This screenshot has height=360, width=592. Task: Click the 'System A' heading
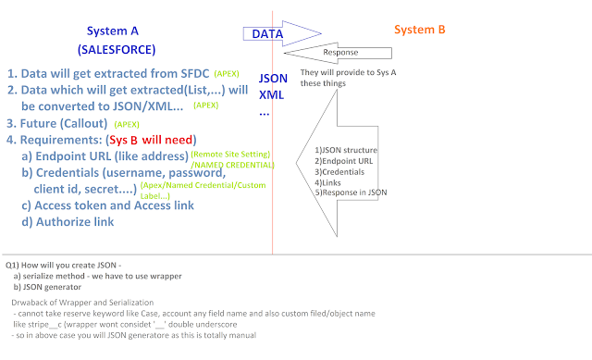(113, 31)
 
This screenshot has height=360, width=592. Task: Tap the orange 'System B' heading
(419, 30)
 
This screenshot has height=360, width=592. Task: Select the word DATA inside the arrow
(267, 34)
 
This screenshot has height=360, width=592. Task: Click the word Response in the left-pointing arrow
(340, 53)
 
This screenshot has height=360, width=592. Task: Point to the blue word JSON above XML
(273, 78)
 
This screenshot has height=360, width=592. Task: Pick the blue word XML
(271, 94)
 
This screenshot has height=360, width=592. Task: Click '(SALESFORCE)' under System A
(117, 49)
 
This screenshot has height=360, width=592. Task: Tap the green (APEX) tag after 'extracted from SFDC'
(227, 74)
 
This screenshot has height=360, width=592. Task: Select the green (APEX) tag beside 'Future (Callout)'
(127, 124)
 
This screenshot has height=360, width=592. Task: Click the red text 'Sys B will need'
(151, 140)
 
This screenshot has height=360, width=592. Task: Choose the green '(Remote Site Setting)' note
(230, 155)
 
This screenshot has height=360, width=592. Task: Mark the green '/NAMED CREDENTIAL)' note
(232, 165)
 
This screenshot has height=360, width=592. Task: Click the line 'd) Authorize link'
(68, 222)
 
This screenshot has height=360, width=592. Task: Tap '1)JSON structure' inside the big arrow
(346, 150)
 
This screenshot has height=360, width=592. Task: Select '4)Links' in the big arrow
(327, 183)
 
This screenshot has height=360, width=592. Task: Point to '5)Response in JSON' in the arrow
(351, 192)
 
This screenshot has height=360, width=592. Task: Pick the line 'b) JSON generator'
(47, 287)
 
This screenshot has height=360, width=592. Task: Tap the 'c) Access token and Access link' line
(107, 205)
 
